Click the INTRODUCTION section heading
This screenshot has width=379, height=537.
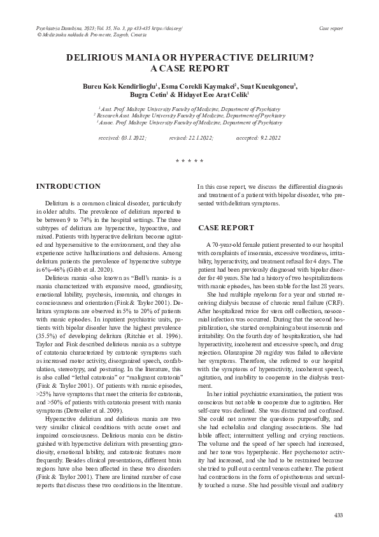[68, 186]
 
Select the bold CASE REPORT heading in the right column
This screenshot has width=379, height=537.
[226, 228]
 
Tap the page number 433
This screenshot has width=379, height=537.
[338, 515]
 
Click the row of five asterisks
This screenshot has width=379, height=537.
[189, 161]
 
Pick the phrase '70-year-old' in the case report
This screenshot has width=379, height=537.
[228, 245]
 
